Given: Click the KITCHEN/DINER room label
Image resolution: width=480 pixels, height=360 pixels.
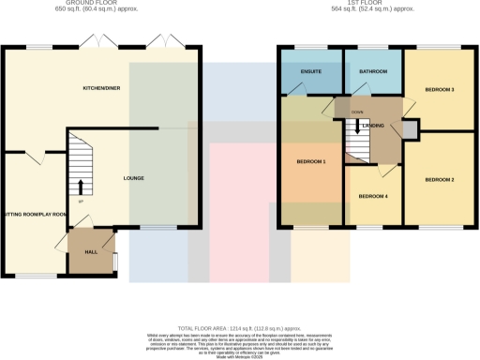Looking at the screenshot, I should (101, 87).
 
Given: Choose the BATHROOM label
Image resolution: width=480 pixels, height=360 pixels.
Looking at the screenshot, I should (373, 71).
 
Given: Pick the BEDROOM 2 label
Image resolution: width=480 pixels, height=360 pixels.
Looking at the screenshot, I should (439, 179).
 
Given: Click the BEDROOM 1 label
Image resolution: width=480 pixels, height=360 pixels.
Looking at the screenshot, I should (311, 162).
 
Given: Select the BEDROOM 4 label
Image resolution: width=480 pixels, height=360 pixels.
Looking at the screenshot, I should (373, 196).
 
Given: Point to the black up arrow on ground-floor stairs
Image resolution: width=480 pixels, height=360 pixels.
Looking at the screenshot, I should (80, 185).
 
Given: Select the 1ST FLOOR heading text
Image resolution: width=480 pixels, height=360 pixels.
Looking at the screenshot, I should (375, 5).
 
